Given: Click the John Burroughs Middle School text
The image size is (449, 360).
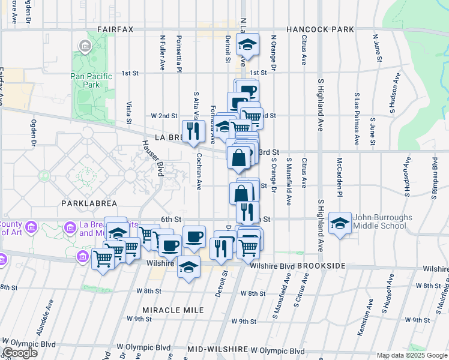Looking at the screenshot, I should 376,221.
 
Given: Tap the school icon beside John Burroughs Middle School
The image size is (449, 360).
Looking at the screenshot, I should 340,224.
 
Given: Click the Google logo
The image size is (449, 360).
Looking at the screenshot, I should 20,353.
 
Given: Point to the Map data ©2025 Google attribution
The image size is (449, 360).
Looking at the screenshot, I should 412,355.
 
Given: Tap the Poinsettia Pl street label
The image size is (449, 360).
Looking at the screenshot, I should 179,53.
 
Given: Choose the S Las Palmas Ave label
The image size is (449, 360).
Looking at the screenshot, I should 357,119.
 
